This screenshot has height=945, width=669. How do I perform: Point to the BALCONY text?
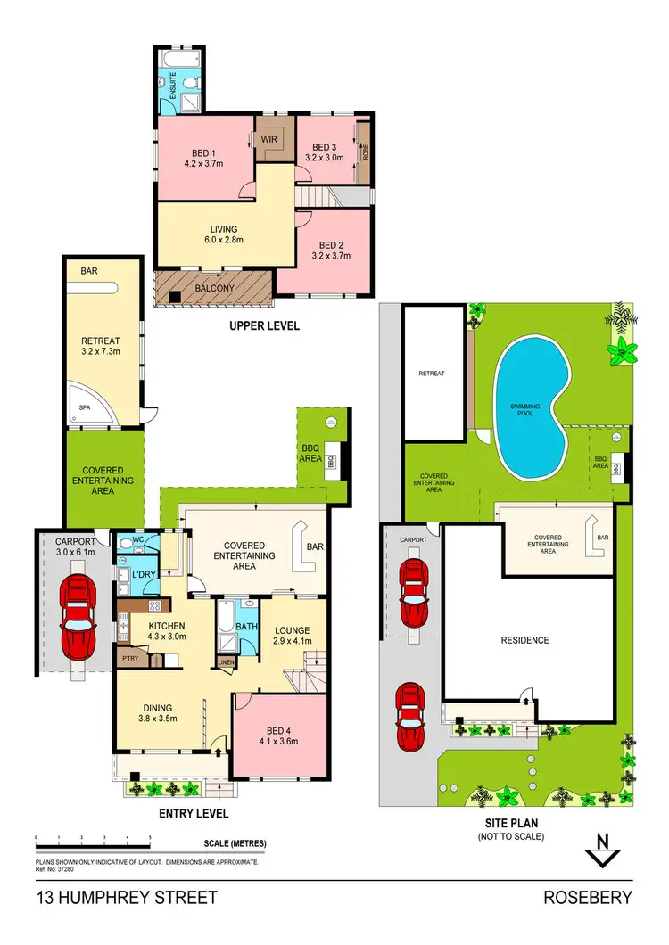(214, 289)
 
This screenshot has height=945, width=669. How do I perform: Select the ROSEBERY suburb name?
(588, 898)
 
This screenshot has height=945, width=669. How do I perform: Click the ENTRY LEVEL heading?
(194, 813)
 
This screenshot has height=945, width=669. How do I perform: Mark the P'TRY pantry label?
(129, 659)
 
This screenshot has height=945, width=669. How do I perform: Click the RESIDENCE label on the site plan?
(524, 640)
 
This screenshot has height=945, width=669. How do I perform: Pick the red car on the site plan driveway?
(410, 716)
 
